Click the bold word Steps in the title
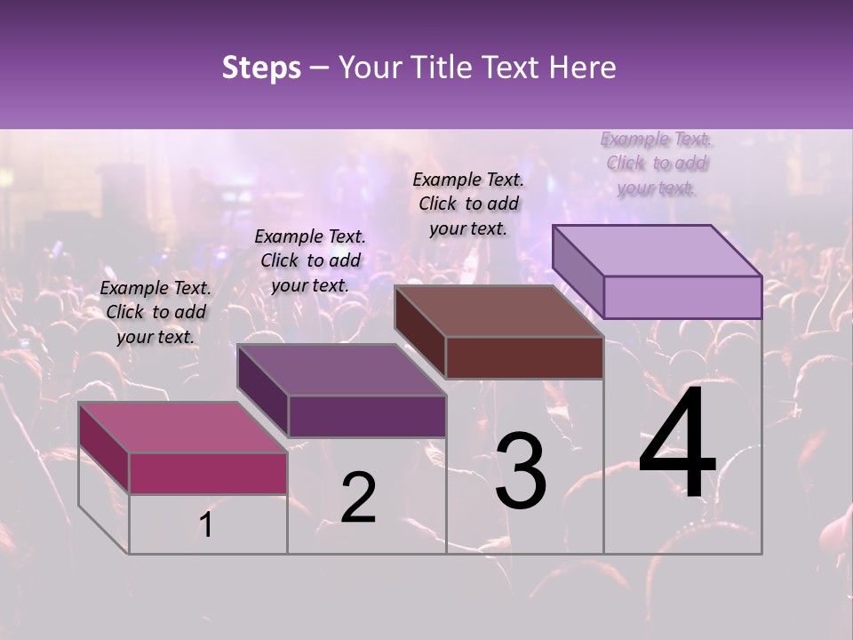[261, 68]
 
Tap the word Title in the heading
[443, 68]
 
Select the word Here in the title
[583, 68]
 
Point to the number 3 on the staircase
[521, 471]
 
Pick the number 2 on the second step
[358, 498]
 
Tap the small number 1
[206, 525]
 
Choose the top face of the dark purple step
[341, 370]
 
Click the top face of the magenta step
[183, 428]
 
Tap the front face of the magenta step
[208, 473]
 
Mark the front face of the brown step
[524, 357]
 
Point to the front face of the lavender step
[682, 297]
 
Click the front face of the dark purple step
[366, 416]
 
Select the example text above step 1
[155, 313]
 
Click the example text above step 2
[310, 261]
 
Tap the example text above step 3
[468, 204]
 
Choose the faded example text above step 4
[656, 164]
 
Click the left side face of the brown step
[419, 332]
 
